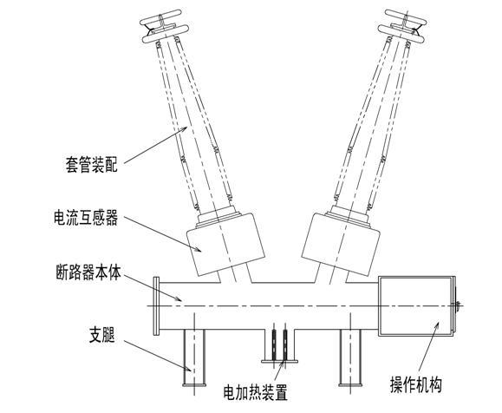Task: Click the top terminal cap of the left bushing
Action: click(163, 27)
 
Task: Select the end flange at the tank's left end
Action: click(157, 305)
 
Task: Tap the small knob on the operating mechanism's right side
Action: click(460, 304)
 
